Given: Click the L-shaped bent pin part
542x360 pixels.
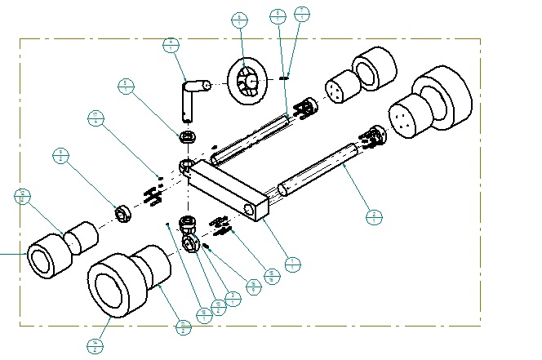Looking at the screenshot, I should point(189,96).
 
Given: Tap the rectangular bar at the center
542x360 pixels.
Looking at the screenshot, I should point(229,189).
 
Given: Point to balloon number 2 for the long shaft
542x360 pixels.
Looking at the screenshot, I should point(374,217).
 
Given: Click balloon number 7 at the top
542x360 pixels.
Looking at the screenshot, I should point(302,14).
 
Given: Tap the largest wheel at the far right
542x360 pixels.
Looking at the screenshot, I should point(442,100).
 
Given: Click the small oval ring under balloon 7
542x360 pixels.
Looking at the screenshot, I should point(284,78).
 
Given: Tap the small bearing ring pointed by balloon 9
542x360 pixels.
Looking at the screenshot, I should point(123,214).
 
